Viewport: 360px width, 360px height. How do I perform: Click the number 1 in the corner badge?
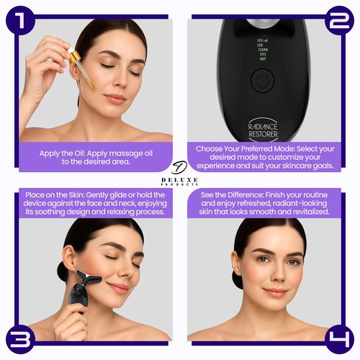click(x=19, y=19)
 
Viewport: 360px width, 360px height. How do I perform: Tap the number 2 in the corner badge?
click(x=339, y=19)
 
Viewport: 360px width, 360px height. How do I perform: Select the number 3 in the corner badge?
click(x=20, y=339)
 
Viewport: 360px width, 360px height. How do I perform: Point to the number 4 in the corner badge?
click(x=340, y=339)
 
